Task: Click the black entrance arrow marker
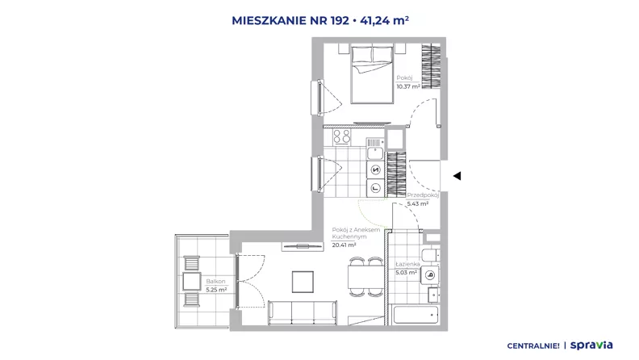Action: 457,176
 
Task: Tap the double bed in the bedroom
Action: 373,74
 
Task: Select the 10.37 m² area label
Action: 408,86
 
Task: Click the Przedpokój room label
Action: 423,195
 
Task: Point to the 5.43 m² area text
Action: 418,203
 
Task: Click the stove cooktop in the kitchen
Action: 341,136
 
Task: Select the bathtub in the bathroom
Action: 416,314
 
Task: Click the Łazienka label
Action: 408,264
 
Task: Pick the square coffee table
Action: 303,282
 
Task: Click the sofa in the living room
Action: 303,312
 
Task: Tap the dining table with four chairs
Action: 366,277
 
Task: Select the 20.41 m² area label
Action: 344,245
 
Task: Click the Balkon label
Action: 215,282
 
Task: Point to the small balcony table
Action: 191,282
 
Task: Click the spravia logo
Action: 591,345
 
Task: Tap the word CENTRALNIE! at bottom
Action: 533,346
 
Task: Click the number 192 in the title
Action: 340,20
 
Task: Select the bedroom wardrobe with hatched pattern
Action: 431,66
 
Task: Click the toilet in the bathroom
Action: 430,256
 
